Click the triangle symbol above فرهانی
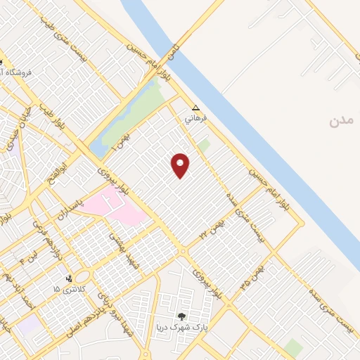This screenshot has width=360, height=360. [x=196, y=108]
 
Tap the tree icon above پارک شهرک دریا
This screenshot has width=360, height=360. [x=183, y=316]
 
